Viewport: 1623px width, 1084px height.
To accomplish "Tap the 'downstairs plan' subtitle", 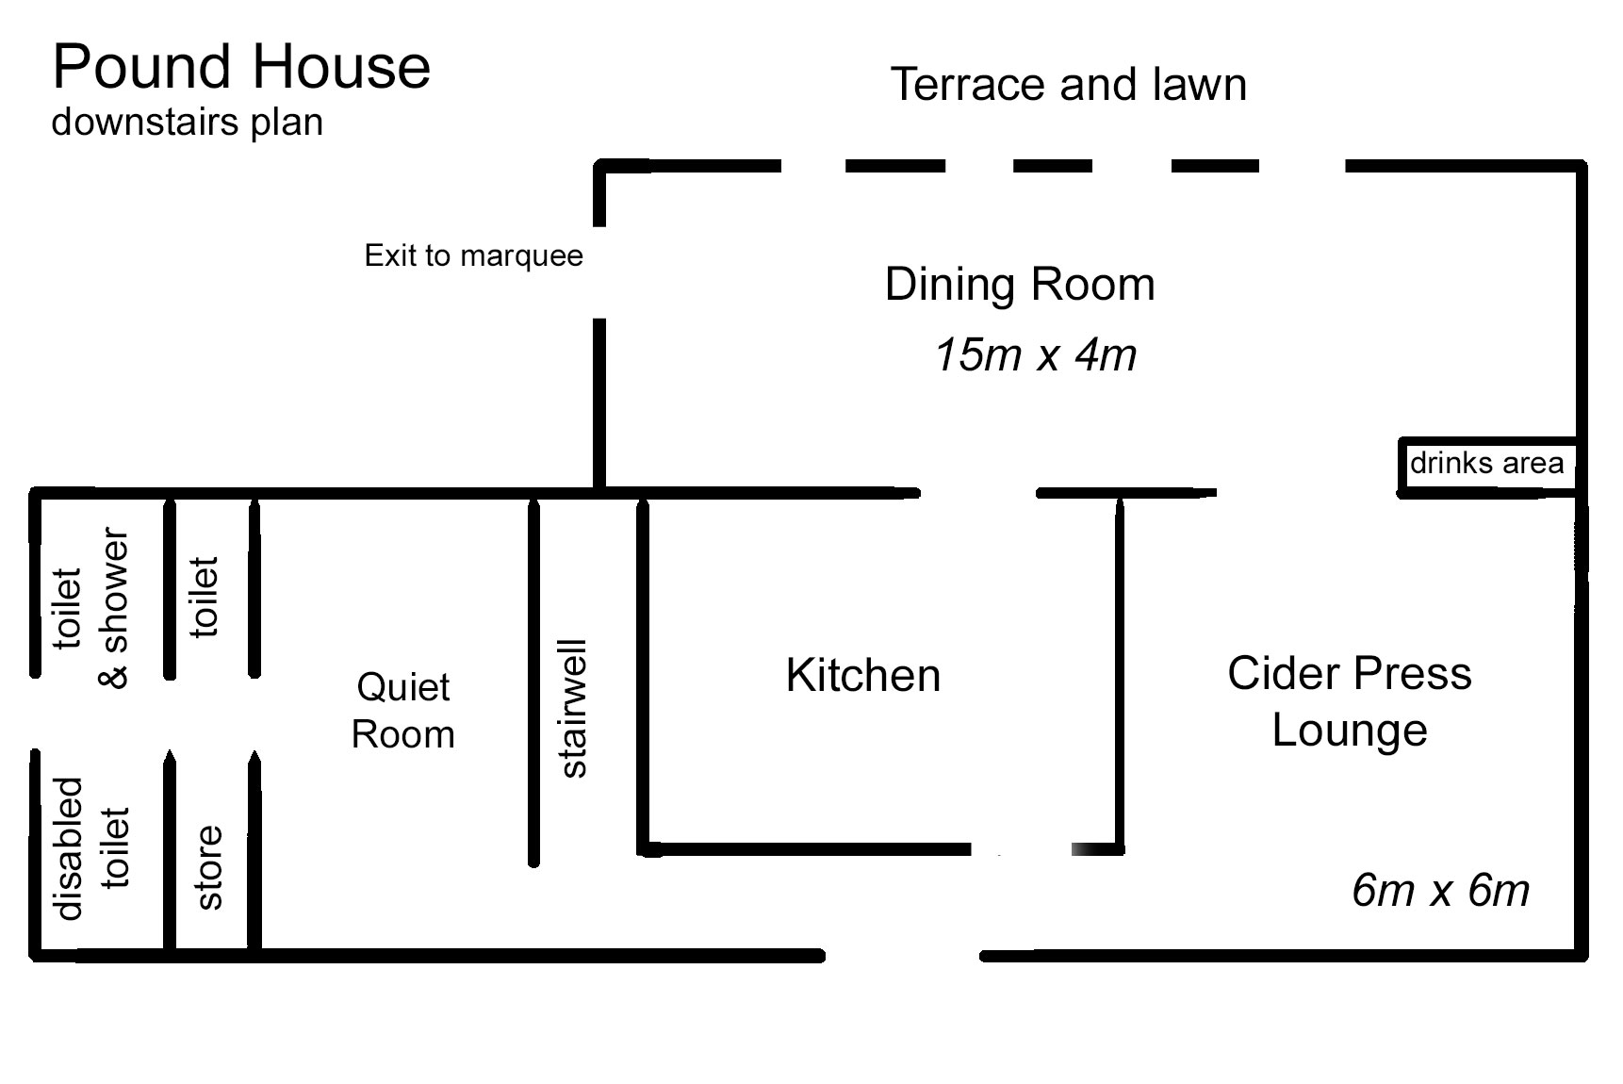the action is coord(188,123).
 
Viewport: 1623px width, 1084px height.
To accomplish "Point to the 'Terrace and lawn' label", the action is coord(1069,84).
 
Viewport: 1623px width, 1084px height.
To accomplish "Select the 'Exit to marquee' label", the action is coord(474,255).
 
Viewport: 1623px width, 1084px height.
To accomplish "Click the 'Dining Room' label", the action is coord(1020,284).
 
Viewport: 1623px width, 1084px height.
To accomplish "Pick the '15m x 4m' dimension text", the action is coord(1035,355).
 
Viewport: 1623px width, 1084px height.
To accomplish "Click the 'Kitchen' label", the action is coord(863,675).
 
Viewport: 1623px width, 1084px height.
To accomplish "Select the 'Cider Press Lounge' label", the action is coord(1350,701).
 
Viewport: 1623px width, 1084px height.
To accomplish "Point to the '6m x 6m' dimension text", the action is coord(1440,890).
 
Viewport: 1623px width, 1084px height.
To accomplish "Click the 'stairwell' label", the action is coord(573,708).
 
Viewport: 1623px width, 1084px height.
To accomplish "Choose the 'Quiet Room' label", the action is coord(403,710).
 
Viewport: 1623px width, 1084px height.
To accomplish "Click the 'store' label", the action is coord(209,867).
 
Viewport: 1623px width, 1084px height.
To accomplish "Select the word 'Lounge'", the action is coord(1350,731).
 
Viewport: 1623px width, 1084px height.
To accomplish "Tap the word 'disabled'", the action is coord(69,848).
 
